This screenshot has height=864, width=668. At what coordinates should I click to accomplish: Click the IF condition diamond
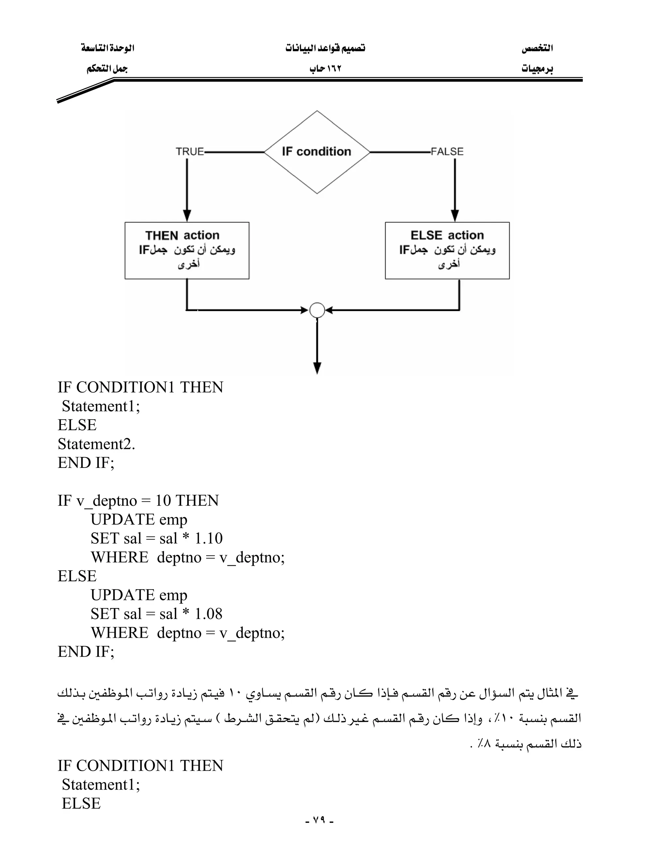317,152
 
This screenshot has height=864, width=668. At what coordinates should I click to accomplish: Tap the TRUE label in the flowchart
190,152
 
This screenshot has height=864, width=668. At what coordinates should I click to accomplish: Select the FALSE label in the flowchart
447,152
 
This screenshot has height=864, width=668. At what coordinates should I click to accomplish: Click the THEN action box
187,250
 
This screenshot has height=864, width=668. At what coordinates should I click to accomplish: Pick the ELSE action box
447,250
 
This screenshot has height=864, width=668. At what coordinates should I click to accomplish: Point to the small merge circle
317,310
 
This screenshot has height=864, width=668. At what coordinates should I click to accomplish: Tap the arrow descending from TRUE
187,190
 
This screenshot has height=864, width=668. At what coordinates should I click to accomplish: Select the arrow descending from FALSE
455,190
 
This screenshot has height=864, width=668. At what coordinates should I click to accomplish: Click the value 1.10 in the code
208,538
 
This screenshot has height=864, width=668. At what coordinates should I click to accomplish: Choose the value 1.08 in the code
208,614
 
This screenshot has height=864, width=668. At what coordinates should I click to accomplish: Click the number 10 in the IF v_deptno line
163,501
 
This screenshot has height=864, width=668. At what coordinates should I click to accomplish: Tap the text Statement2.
96,444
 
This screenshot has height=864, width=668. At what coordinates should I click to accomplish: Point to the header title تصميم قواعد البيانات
325,48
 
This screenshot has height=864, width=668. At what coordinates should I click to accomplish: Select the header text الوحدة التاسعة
108,48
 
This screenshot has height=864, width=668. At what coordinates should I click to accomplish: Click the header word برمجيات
537,69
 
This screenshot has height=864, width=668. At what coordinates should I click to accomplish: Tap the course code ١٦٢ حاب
325,69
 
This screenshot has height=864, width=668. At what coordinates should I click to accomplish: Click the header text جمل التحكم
107,69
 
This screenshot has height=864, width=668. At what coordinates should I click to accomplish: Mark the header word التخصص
537,48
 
